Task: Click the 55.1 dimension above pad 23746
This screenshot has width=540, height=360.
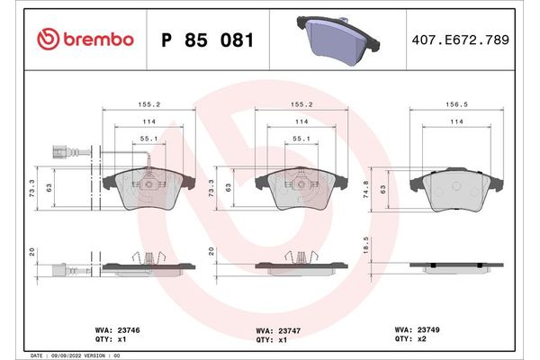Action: (150, 139)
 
